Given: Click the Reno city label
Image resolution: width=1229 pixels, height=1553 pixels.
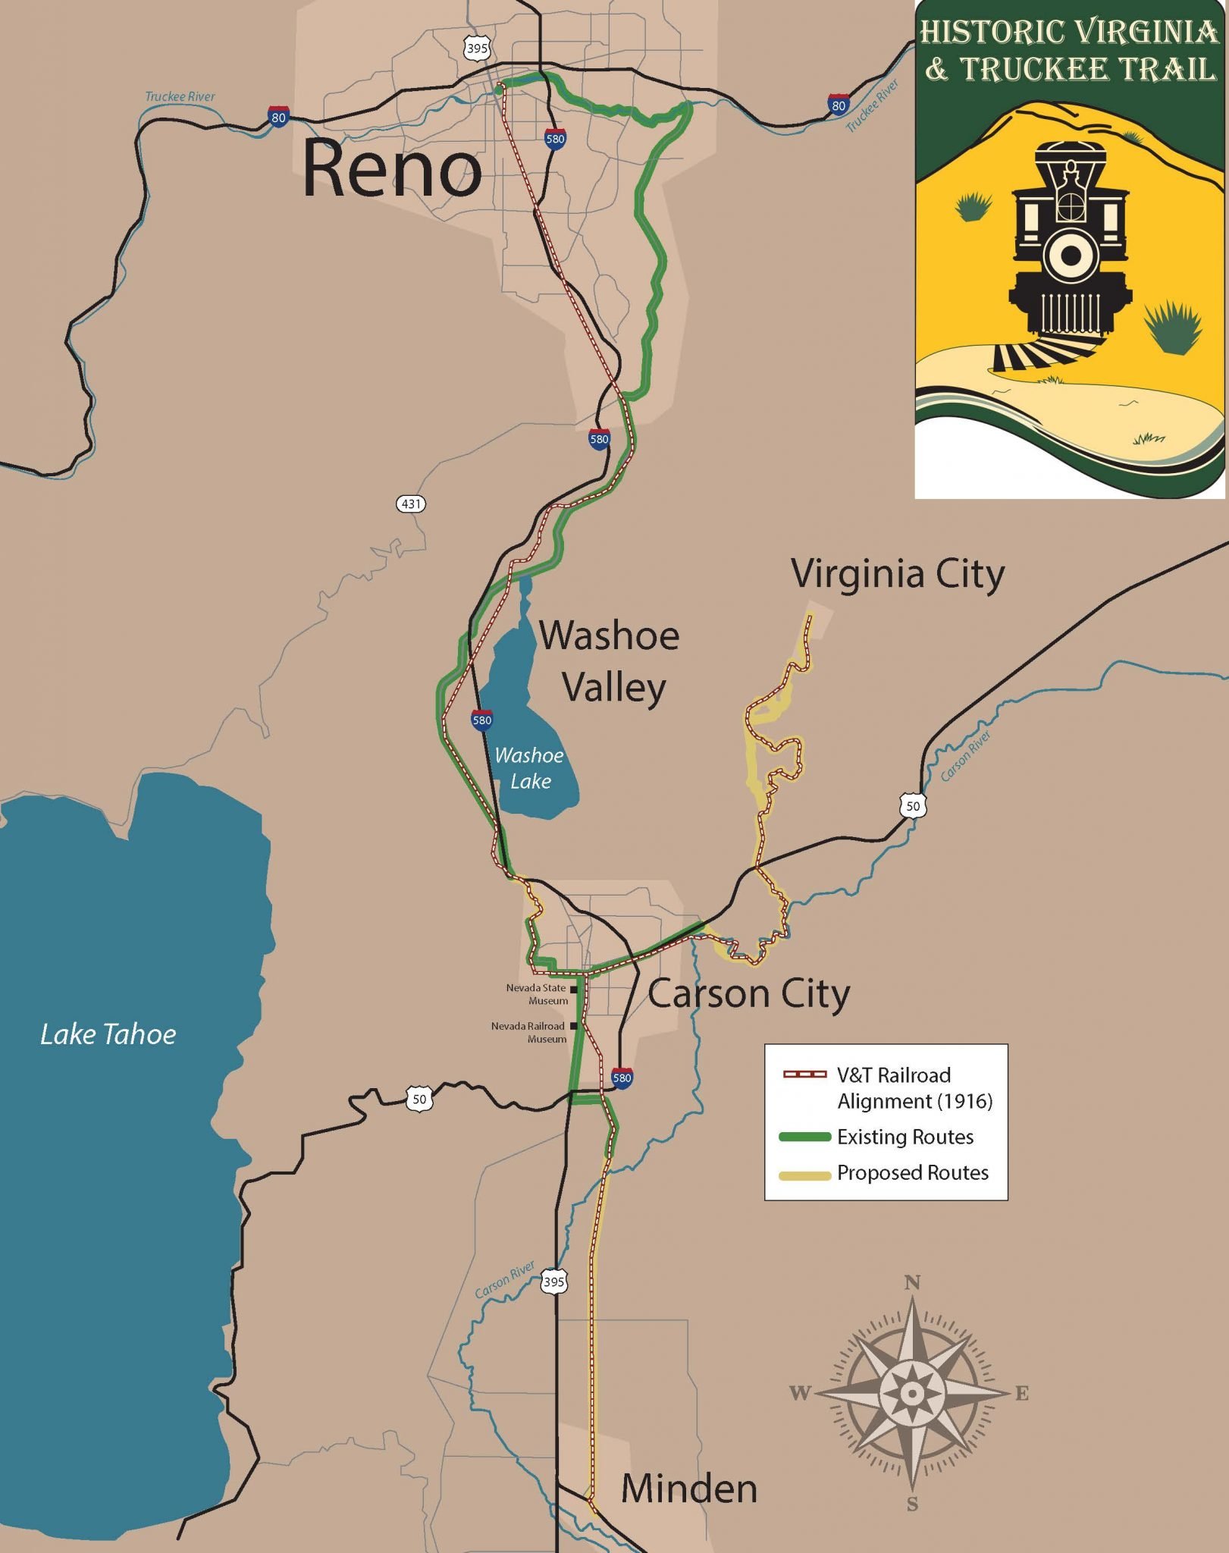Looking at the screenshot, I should coord(392,169).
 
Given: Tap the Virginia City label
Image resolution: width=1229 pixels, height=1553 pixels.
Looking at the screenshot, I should coord(898,574).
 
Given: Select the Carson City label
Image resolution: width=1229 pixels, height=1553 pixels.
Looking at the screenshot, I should coord(748,994).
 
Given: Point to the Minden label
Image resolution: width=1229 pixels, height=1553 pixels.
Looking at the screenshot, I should coord(688,1489).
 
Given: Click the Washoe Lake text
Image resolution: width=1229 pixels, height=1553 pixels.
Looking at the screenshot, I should coord(529,767).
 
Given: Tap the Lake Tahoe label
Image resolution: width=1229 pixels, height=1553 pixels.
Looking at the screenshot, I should coord(108,1034).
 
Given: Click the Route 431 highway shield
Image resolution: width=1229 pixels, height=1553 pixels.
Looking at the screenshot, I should coord(410,504).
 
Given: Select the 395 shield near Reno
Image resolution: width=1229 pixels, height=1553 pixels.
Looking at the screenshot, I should coord(477,49).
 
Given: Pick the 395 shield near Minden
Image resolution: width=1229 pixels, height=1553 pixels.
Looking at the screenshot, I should coord(553,1282).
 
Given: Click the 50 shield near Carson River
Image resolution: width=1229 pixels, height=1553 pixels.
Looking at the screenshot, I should coord(913,806).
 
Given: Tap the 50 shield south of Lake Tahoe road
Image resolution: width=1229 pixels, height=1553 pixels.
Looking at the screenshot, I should coord(419,1099).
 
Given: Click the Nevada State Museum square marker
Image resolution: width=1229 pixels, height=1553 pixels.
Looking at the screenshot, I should coord(574,990).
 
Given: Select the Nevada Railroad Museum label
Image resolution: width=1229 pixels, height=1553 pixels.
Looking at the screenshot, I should coord(528,1032).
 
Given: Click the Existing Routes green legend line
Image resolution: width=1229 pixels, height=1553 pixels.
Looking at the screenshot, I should coord(804,1137).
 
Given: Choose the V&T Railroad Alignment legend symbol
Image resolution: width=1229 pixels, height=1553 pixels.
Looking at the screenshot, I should coord(804,1075).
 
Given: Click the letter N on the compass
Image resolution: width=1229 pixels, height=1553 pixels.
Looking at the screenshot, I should coord(913,1283).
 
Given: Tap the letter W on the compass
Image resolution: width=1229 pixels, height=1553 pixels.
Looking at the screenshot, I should coord(801,1393).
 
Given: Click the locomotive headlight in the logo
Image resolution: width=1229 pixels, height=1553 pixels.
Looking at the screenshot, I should coord(1070,256).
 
